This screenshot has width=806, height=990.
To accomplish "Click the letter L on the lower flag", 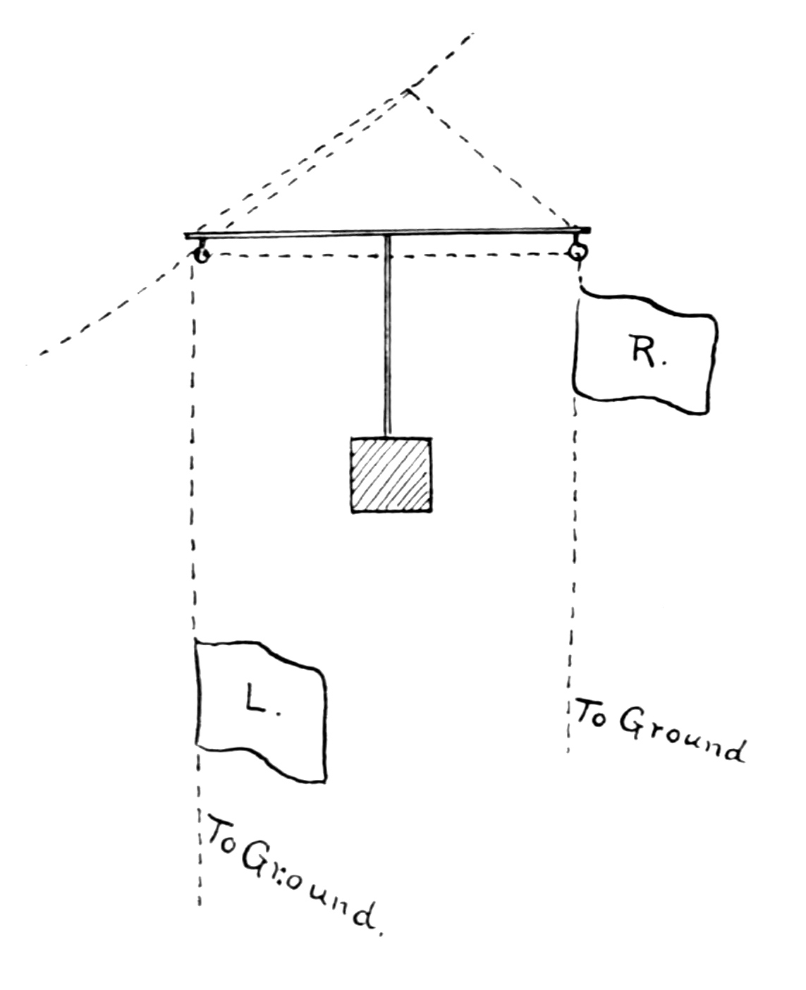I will (x=255, y=697).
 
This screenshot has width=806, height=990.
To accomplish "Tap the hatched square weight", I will (x=391, y=474).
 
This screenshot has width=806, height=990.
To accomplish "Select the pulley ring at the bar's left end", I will (x=201, y=255).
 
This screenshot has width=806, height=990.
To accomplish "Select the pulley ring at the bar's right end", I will (x=578, y=250).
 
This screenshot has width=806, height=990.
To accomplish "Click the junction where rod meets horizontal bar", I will (x=387, y=234).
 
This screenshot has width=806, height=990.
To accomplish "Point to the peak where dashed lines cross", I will (x=411, y=92).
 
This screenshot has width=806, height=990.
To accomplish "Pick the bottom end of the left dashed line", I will (x=200, y=904).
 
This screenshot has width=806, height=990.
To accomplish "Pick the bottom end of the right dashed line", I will (x=568, y=752).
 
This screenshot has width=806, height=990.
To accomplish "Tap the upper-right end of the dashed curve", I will (x=471, y=34).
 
